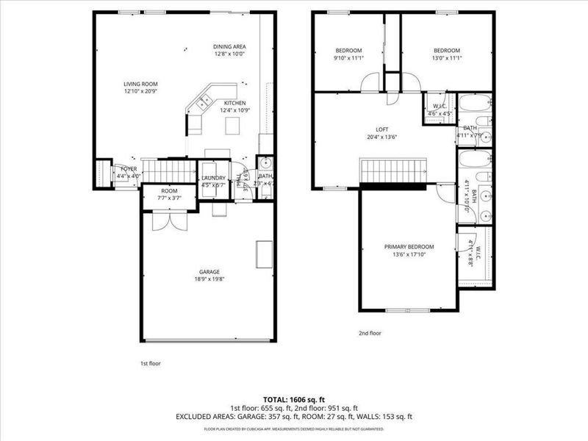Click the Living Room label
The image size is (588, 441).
pos(140,84)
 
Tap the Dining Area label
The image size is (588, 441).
pos(229,46)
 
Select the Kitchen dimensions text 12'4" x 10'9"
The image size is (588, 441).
pos(234,110)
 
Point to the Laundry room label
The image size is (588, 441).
pos(213,178)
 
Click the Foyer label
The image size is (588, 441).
pos(129,169)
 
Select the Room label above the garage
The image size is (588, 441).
pos(168,190)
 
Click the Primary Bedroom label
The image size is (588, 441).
pos(409,247)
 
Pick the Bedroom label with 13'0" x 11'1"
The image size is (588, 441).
pos(447,50)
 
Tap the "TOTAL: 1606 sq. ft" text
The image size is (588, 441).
pos(294,398)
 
